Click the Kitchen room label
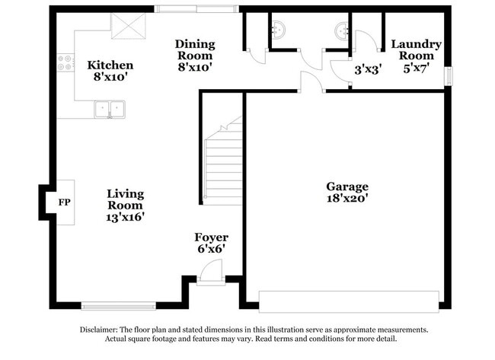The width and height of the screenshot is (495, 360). pos(110,65)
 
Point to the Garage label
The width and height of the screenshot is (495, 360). pos(347,186)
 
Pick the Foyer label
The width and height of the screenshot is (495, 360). pos(211,237)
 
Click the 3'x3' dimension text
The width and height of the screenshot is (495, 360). pos(368,68)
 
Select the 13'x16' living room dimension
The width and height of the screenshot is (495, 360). pos(125,217)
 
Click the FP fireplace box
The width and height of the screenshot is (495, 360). pos(64,202)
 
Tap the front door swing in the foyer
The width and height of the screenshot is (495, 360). pos(211,271)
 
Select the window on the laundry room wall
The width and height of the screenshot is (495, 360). pos(449,77)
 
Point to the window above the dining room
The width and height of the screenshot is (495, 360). pos(197,9)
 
